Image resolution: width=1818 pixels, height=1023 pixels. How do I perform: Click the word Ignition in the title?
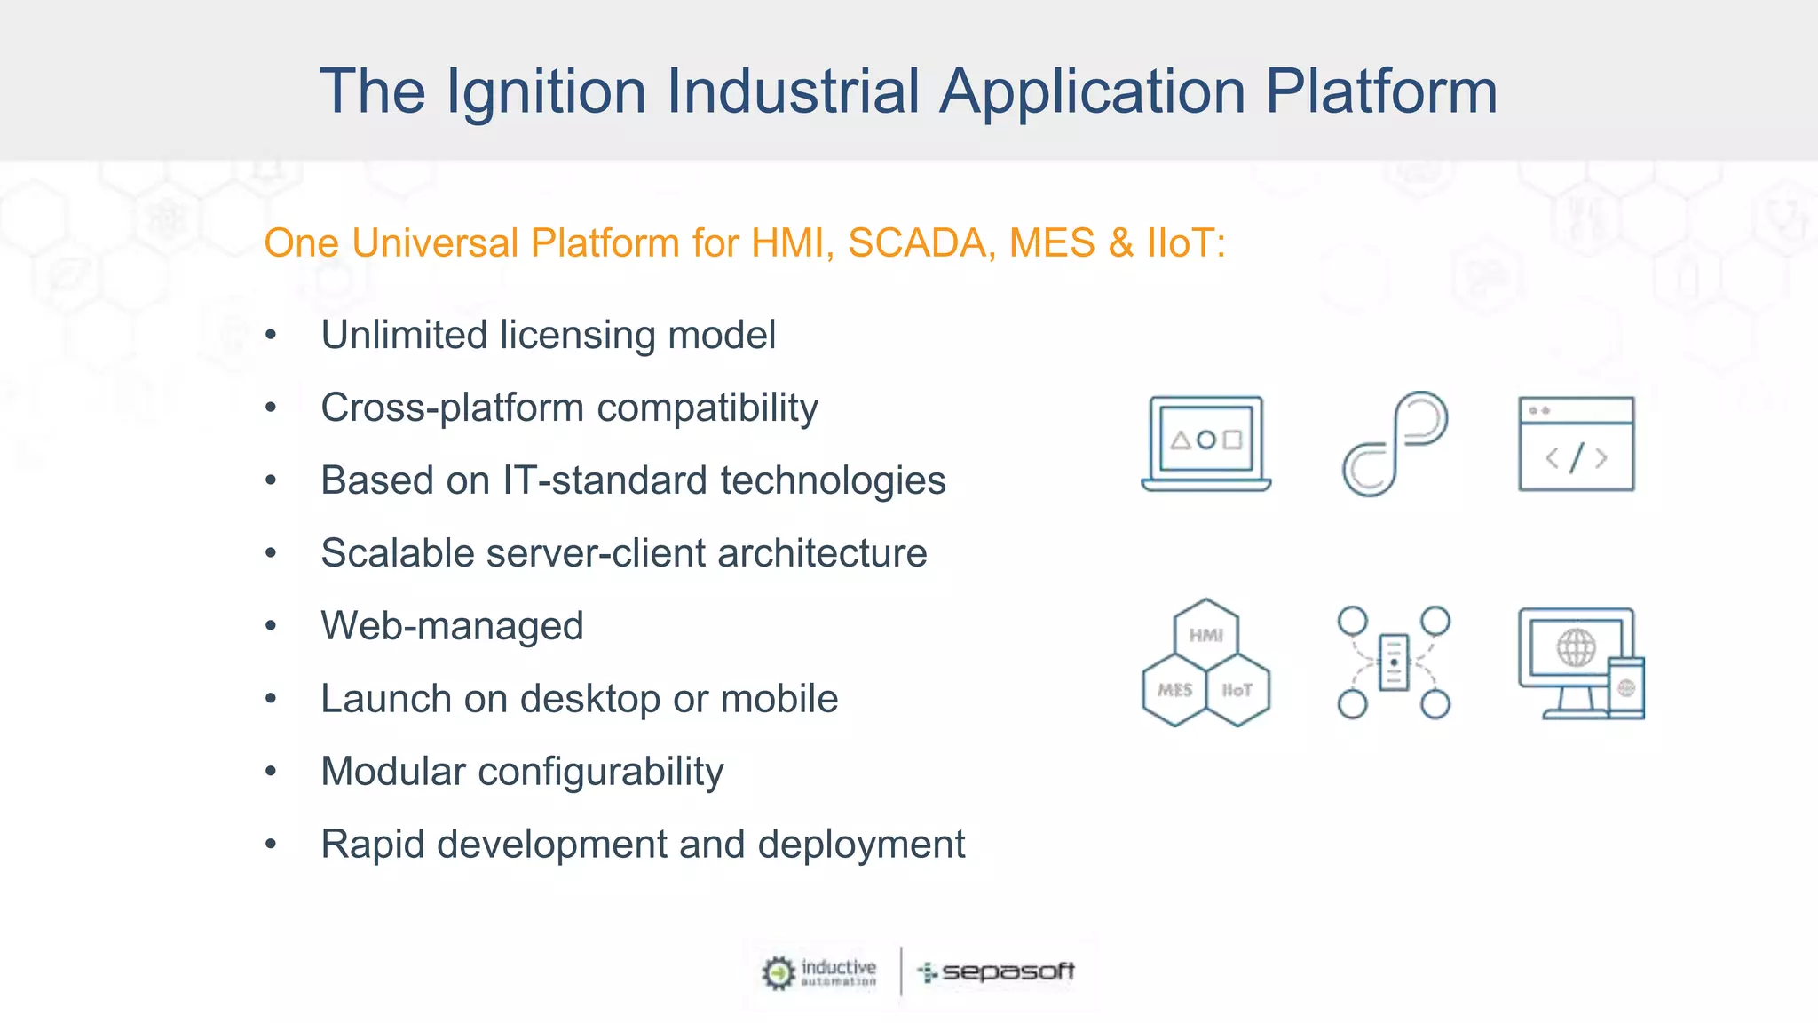(x=545, y=91)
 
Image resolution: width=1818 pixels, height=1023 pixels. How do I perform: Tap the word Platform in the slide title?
(x=1381, y=91)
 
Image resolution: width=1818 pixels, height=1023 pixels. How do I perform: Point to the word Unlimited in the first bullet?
(x=404, y=336)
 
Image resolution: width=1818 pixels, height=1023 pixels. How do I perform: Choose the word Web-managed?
(x=452, y=626)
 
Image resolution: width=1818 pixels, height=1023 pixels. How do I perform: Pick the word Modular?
(x=392, y=772)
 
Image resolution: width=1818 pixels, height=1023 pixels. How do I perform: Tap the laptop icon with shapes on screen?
(x=1205, y=442)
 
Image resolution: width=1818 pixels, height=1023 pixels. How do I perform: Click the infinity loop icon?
(x=1394, y=444)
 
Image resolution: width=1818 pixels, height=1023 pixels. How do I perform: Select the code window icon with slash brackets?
(x=1576, y=444)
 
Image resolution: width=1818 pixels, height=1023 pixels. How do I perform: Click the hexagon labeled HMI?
(x=1205, y=634)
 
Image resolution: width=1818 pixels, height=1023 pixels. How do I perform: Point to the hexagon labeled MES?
(x=1174, y=690)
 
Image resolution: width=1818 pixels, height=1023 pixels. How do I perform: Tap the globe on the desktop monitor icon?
(x=1576, y=647)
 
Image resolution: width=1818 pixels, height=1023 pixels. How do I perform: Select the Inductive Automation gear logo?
(x=779, y=972)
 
